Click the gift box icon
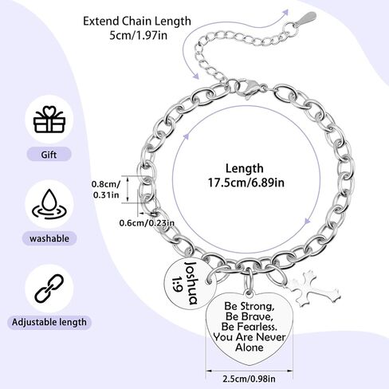pos(49,120)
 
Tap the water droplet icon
pos(49,204)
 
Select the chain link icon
pos(49,289)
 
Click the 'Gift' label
pos(49,155)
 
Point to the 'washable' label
pos(49,238)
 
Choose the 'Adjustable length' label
pos(49,322)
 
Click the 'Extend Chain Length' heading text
pos(137,22)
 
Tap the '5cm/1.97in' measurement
pos(139,35)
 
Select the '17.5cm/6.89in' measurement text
pos(246,183)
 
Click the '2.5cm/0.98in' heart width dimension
pos(249,379)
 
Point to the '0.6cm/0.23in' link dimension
pos(147,222)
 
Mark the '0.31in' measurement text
pos(106,195)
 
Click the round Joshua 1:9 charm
pos(190,284)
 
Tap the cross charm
pos(312,289)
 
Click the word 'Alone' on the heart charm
pos(250,348)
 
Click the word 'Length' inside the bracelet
pos(245,168)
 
